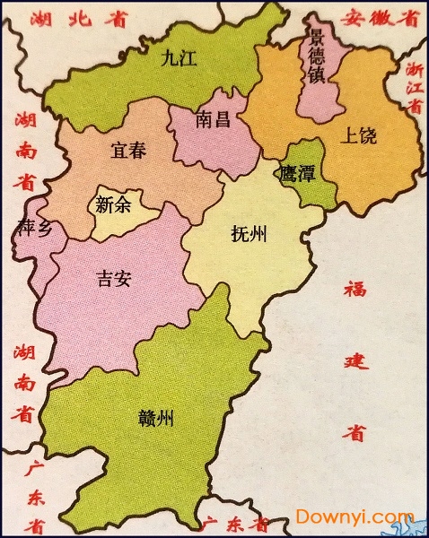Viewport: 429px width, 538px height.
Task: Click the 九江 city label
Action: click(178, 60)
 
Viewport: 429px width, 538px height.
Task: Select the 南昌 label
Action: click(213, 118)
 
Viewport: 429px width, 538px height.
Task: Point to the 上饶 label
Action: click(360, 137)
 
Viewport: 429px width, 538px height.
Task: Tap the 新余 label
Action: click(112, 204)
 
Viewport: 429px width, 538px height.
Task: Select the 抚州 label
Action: click(250, 235)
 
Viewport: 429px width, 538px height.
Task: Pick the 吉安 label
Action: click(114, 278)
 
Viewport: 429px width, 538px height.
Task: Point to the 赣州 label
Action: click(156, 417)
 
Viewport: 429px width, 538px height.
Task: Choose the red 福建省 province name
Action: click(355, 359)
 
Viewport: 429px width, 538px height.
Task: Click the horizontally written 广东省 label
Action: click(235, 523)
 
